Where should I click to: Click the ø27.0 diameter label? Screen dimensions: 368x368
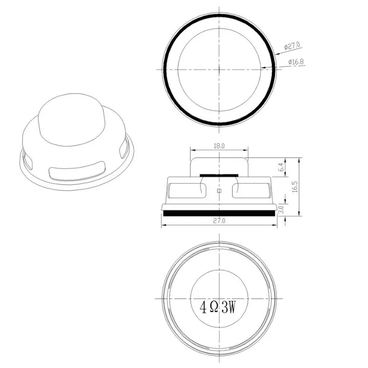point(293,46)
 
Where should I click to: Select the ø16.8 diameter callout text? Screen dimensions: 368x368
point(295,62)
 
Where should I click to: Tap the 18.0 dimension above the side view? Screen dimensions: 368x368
point(219,145)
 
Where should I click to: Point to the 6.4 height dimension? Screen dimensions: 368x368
point(281,167)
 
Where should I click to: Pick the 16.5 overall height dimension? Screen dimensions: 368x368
point(295,186)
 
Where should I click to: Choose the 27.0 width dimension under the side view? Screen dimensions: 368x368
point(219,221)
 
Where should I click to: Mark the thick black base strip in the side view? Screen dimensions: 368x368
point(219,213)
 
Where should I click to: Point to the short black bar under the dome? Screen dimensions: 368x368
point(219,175)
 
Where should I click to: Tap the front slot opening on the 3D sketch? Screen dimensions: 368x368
point(76,172)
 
